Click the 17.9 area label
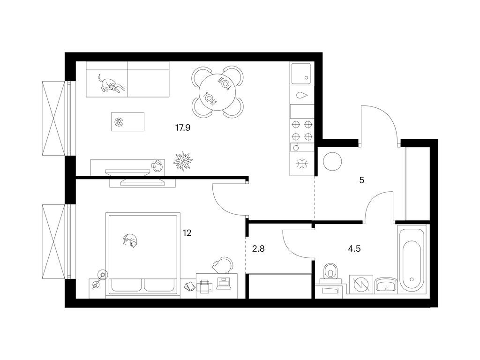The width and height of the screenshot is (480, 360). pos(182,127)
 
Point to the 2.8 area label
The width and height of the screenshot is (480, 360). pos(258,249)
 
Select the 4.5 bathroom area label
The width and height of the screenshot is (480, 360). pos(354,249)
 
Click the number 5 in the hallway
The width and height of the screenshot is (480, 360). pos(362,180)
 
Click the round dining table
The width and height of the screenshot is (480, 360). pos(218,92)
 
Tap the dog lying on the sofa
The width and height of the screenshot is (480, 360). pos(111,84)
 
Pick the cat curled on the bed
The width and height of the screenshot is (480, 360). pos(131,240)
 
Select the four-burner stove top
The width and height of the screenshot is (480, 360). pos(302,130)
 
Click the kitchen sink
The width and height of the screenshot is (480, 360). pos(300,74)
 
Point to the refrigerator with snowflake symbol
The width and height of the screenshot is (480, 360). pos(302,164)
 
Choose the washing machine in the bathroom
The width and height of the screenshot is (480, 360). pos(361,284)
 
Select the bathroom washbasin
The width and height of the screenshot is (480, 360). pos(385,284)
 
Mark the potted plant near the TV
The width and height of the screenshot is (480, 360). pos(182,160)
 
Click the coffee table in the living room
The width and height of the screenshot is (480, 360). pos(127,122)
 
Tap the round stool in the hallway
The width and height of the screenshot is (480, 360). pos(332,161)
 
